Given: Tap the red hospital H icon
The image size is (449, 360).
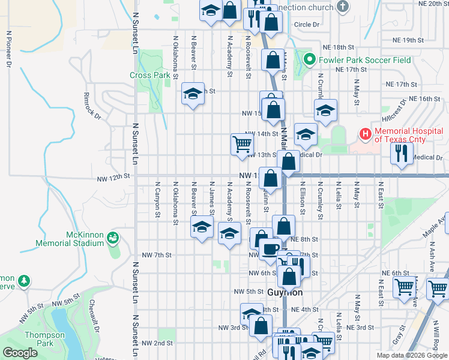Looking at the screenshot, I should (x=364, y=133).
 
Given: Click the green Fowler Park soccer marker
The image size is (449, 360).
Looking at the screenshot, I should (x=310, y=59).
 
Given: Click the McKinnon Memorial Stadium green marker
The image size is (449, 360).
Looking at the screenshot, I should (x=112, y=239).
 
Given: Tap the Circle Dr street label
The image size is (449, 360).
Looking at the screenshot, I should (x=307, y=25).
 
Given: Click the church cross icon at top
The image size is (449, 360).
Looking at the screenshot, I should (x=343, y=7).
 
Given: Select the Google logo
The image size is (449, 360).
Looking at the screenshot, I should (x=20, y=353).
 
